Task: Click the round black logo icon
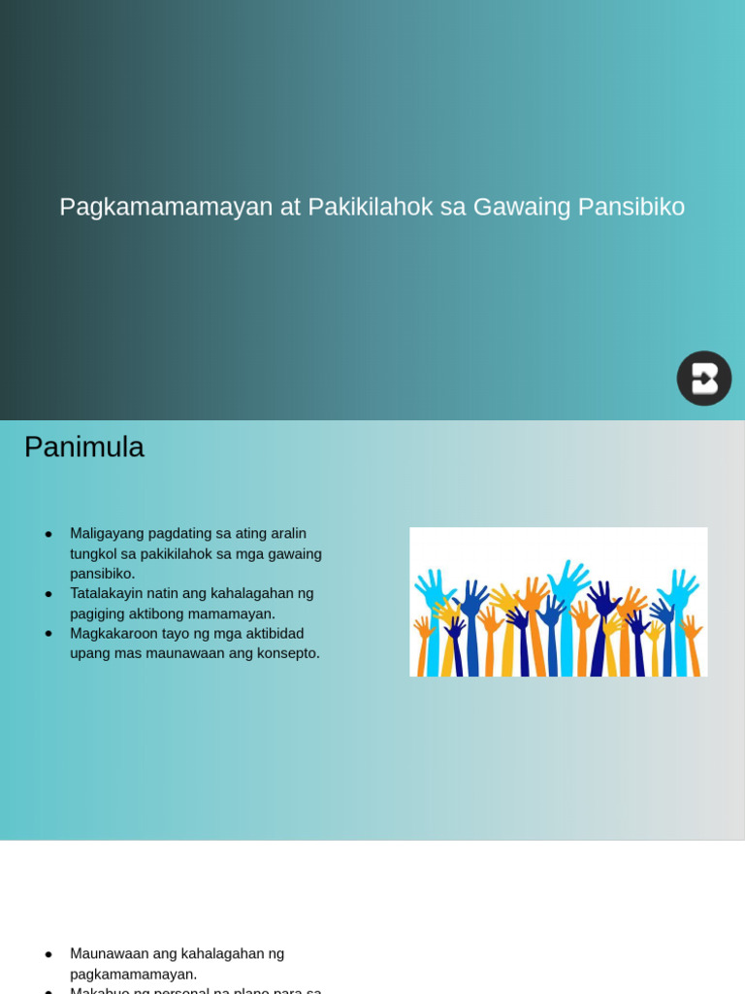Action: point(704,379)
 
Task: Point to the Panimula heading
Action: point(84,447)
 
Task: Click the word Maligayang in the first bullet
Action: point(107,534)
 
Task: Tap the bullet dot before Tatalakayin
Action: point(49,594)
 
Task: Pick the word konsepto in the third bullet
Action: point(286,653)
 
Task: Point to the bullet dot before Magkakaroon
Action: point(49,634)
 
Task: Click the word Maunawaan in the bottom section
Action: point(109,954)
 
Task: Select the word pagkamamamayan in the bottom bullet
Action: point(133,975)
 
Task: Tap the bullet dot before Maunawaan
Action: point(49,954)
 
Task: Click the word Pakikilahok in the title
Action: point(370,207)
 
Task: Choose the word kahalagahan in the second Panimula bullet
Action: point(249,594)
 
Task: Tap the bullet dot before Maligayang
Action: point(49,534)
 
